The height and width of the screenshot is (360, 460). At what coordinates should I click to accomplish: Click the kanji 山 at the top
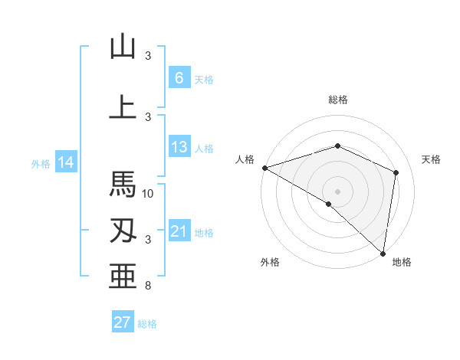[123, 47]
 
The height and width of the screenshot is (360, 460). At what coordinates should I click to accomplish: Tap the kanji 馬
[123, 185]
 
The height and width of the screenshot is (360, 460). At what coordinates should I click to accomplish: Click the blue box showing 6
[179, 78]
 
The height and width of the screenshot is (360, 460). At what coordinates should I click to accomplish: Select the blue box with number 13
[179, 147]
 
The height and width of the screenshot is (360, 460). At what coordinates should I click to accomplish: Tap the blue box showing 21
[179, 231]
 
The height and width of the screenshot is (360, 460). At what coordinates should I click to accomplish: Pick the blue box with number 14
[66, 162]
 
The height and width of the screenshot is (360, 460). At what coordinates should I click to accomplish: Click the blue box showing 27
[123, 322]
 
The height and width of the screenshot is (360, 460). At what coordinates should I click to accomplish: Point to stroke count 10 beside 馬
[149, 194]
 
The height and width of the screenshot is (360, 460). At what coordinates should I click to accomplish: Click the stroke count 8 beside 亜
[148, 286]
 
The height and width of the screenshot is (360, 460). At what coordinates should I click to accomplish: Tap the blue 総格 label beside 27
[148, 324]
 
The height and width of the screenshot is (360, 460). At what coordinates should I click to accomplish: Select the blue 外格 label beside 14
[40, 163]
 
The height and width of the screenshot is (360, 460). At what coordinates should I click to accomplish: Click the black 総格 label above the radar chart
[337, 100]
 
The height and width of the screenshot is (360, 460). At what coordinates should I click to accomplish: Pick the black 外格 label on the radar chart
[270, 262]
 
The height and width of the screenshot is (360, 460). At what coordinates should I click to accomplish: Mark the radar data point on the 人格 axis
[264, 168]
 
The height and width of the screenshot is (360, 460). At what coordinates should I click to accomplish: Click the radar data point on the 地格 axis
[383, 252]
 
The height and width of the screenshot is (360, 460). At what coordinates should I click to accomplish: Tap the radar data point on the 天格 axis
[396, 172]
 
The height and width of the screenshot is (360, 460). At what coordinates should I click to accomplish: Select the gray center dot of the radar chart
[337, 191]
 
